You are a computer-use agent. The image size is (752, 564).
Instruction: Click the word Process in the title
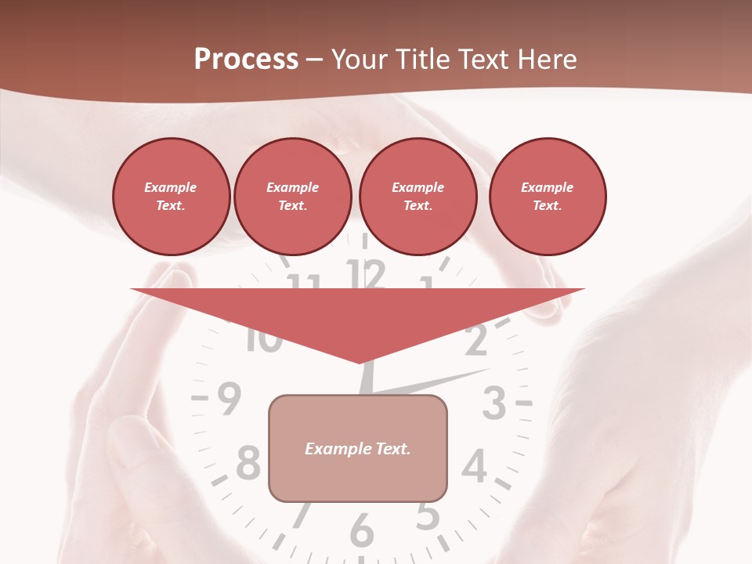click(246, 60)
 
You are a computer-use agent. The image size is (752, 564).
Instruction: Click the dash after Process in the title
click(314, 60)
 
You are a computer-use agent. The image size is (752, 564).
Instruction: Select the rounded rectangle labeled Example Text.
click(358, 448)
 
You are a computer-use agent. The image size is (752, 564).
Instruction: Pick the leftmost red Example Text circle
click(171, 197)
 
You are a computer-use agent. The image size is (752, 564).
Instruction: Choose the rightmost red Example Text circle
click(547, 197)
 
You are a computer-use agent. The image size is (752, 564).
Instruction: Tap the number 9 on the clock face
click(228, 400)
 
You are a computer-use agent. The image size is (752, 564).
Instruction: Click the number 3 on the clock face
click(493, 404)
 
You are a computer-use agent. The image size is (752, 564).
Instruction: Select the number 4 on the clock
click(473, 467)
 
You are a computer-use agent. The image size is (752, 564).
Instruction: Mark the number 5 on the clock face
click(427, 515)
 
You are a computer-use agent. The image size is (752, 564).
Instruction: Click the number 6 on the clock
click(361, 531)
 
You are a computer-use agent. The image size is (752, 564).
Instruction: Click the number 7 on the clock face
click(300, 515)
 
